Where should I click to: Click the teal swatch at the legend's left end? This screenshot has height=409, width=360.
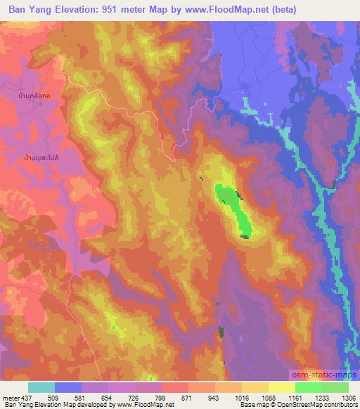tap(41, 387)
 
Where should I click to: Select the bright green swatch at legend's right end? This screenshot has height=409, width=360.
tap(335, 387)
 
